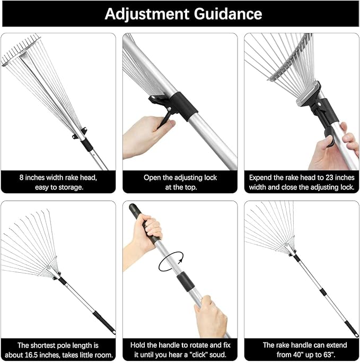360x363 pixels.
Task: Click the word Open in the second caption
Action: point(154,177)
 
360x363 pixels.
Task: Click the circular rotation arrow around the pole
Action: point(171,262)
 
